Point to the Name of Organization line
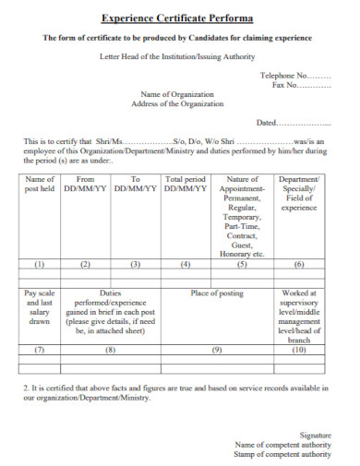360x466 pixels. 176,95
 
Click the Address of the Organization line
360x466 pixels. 176,104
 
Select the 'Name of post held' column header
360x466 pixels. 40,184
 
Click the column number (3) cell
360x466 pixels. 135,264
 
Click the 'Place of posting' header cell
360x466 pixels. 218,293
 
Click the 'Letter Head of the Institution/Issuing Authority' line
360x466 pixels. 176,57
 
